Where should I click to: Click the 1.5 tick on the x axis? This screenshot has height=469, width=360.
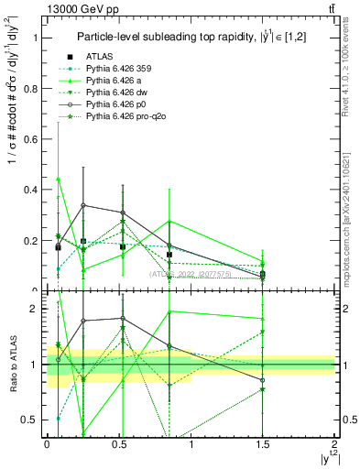click(263, 444)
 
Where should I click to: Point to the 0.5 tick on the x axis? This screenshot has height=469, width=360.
click(118, 444)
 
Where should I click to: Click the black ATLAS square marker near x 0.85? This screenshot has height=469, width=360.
click(169, 255)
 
